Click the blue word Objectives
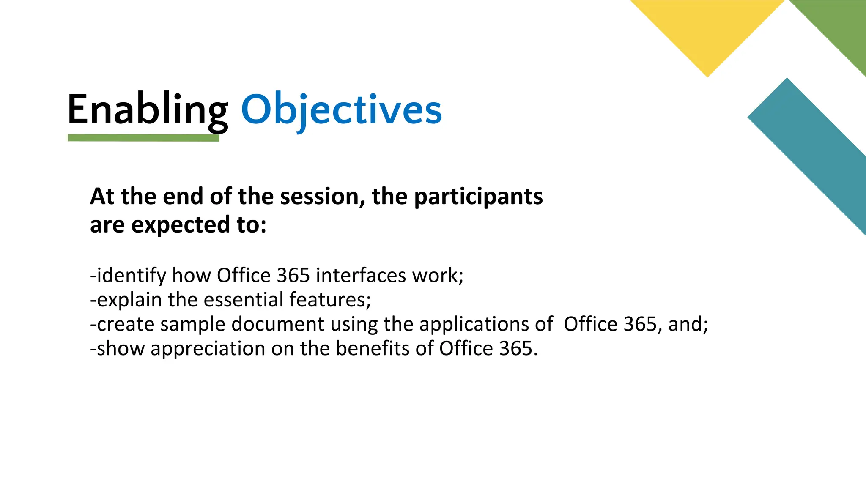coord(341,110)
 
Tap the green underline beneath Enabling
coord(143,138)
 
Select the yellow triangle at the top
coord(707,30)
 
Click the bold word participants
coord(478,197)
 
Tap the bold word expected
coord(181,224)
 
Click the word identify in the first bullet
coord(132,276)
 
